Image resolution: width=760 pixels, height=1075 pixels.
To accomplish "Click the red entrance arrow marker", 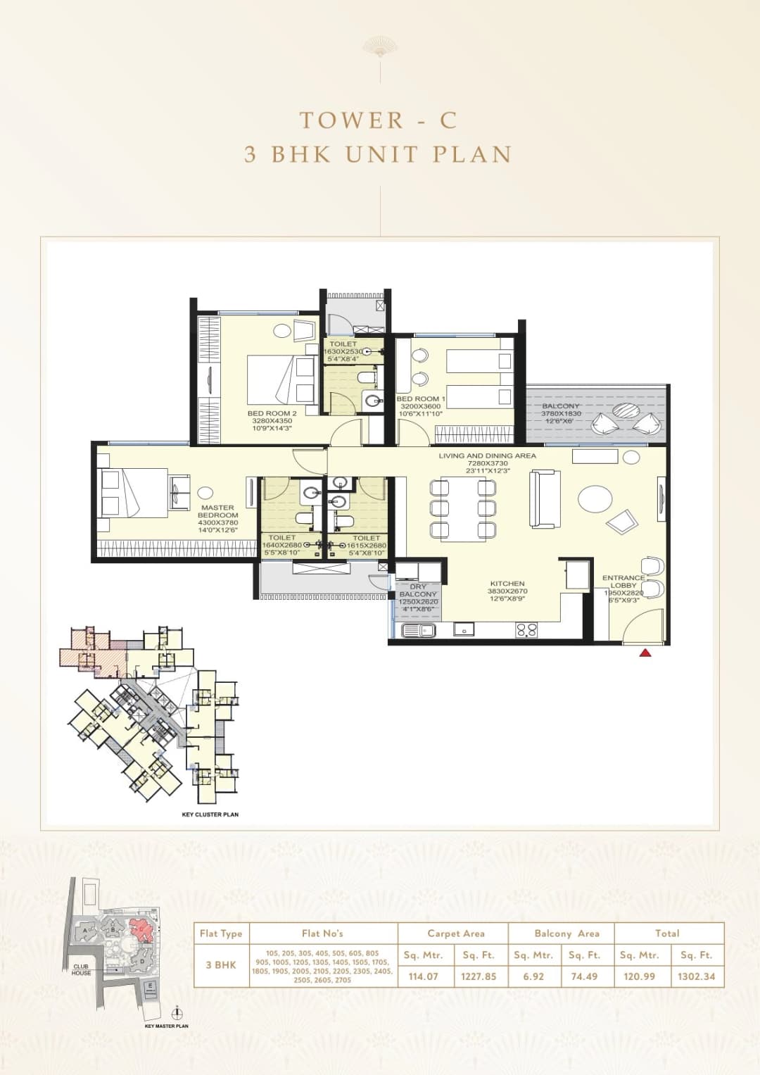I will click(x=645, y=653).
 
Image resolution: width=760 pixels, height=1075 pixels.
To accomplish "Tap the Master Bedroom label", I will click(x=217, y=511).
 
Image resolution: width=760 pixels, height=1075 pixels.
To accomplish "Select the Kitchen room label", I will click(x=507, y=584).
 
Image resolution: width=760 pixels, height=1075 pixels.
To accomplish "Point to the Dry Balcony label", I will click(x=418, y=590).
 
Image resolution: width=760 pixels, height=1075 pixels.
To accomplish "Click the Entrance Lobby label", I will click(x=623, y=581).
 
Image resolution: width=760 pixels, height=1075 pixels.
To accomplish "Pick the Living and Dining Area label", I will click(x=487, y=456).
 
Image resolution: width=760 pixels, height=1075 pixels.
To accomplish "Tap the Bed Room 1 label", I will click(x=420, y=399).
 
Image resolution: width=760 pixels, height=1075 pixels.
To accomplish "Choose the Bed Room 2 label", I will click(x=272, y=413).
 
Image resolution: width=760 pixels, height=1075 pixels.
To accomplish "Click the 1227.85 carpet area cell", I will click(x=479, y=976).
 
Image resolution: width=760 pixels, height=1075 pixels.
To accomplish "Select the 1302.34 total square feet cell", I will click(x=696, y=976).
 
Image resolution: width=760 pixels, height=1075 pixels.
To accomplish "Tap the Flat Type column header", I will click(x=221, y=933).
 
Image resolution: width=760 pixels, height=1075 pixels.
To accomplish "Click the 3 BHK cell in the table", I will click(x=221, y=964).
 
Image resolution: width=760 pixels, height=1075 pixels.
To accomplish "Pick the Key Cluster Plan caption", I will click(x=210, y=815).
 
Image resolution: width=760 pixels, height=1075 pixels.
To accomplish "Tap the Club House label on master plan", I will click(x=81, y=969).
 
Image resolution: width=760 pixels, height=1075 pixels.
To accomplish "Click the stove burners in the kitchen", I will click(x=526, y=630).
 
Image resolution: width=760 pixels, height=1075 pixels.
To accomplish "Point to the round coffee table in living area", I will click(x=595, y=499).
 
